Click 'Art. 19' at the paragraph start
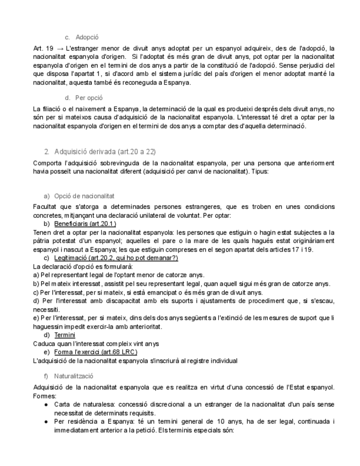coord(43,49)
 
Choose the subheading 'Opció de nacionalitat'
coord(84,196)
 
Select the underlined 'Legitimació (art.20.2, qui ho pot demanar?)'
coord(115,258)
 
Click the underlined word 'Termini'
coord(64,335)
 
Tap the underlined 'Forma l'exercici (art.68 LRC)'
coord(95,352)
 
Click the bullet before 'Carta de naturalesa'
coord(46,404)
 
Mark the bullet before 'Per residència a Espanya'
coord(46,421)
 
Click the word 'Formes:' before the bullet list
coord(45,395)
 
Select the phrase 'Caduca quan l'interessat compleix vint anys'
coord(96,343)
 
